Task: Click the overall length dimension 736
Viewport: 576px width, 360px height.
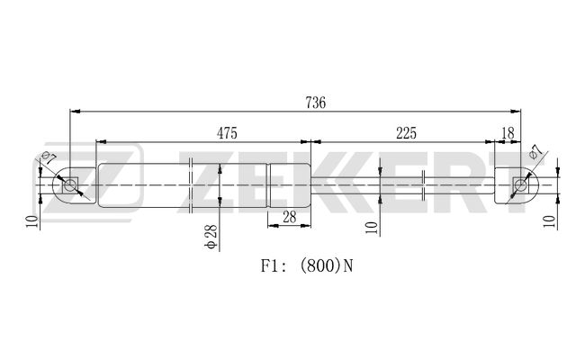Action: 316,103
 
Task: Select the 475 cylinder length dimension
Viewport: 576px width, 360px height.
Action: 227,133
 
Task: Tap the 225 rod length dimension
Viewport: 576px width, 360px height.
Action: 406,133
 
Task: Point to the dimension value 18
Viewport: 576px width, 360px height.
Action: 508,133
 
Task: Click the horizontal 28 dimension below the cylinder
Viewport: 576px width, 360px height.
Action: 290,217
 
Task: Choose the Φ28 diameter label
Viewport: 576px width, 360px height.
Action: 211,237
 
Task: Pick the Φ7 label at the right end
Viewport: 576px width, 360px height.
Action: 535,151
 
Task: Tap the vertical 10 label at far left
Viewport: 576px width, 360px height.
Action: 32,221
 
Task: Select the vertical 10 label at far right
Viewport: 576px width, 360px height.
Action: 550,221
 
